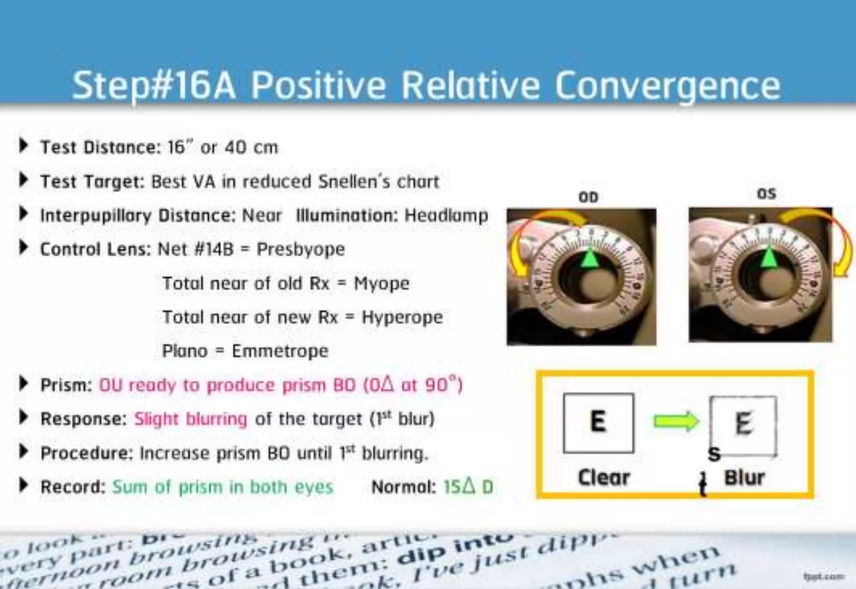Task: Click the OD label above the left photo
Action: (x=588, y=197)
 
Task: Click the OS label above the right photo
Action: (x=766, y=194)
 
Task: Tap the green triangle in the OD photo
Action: (x=590, y=259)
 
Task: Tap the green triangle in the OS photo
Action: (x=769, y=257)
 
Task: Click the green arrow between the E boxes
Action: (x=676, y=421)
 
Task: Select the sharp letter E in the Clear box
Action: (x=598, y=421)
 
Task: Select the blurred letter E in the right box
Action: (x=744, y=423)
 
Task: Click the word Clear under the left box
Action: (x=604, y=477)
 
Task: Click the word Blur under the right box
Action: (x=744, y=477)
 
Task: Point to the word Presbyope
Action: (x=301, y=249)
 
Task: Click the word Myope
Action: (x=382, y=283)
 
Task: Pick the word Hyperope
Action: (x=402, y=317)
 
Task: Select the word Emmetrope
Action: (x=280, y=351)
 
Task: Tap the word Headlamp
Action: (x=446, y=216)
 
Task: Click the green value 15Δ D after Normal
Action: (x=468, y=487)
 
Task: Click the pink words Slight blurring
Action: (x=191, y=419)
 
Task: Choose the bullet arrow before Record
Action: (x=24, y=485)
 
